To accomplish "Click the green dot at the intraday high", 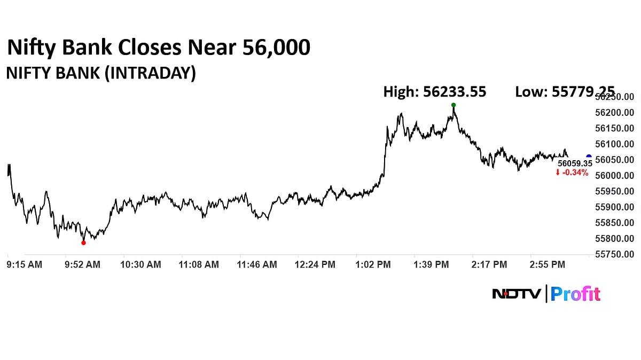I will coord(454,105).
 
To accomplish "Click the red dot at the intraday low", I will coord(83,242).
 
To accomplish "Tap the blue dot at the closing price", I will coord(589,157).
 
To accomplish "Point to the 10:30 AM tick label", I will coord(140,264).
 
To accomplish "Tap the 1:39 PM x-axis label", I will coord(432,264).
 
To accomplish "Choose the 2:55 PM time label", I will coord(547,264).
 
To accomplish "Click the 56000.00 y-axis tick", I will coord(615,176).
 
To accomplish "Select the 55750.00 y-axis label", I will coord(615,254).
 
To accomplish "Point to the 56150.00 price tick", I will coord(615,129).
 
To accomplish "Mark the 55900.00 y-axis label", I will coord(615,207).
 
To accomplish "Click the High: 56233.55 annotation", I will coord(435,92).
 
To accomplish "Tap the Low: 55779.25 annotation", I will coord(565,92).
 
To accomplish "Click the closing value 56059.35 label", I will coord(575,163).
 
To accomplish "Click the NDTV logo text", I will coord(517,294).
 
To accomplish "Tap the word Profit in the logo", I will coord(575,294).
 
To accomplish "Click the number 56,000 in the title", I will coord(276,48).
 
